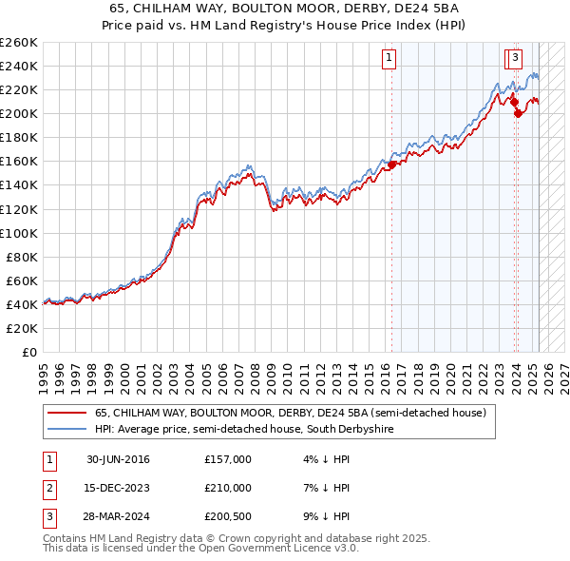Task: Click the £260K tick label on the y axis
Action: [19, 43]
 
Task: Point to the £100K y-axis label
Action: [19, 233]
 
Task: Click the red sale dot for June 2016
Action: [391, 164]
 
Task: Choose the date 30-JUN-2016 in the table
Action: [118, 459]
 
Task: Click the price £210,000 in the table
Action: [228, 488]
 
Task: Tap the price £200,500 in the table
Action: [228, 516]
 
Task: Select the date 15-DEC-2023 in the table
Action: [118, 488]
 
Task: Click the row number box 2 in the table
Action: [47, 488]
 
